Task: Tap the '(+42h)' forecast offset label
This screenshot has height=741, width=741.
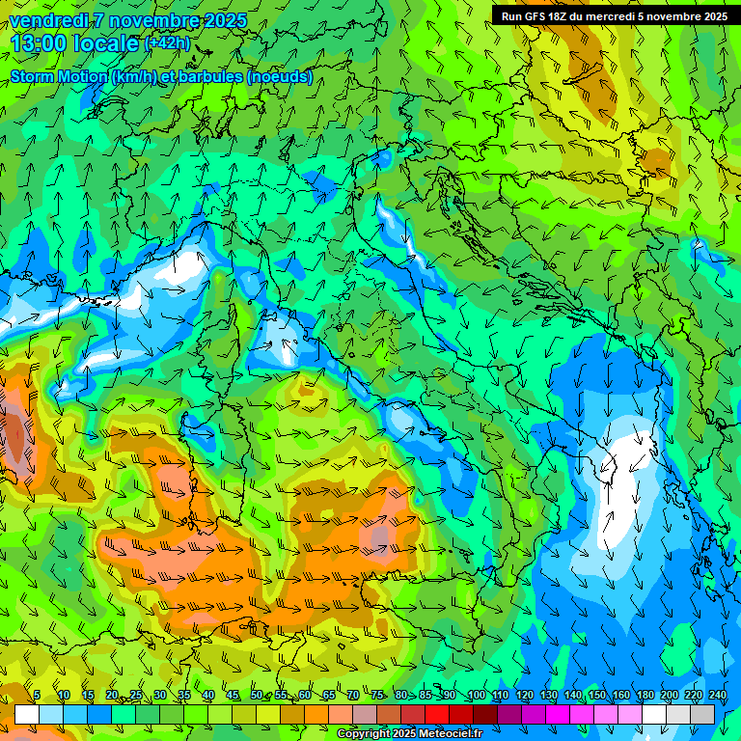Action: pos(168,43)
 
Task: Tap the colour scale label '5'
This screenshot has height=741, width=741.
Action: pos(37,696)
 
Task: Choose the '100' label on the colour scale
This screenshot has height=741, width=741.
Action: pos(477,696)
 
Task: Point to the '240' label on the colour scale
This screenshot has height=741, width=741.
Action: pos(718,696)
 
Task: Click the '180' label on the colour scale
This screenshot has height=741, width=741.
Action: pos(645,696)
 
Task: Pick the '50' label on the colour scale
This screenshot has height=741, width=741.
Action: pos(257,696)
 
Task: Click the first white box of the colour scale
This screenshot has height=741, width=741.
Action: pos(27,714)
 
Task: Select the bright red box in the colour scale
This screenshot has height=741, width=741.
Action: pos(437,714)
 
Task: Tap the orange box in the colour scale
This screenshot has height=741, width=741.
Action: pos(316,714)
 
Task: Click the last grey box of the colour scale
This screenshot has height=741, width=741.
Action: pos(702,714)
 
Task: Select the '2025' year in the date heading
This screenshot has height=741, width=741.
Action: pos(223,20)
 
